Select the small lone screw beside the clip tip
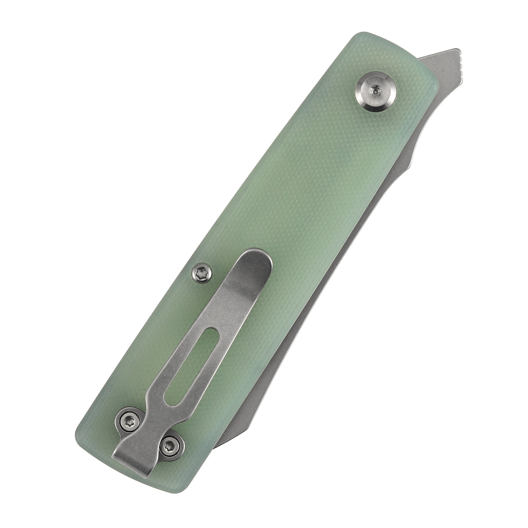click(202, 273)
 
